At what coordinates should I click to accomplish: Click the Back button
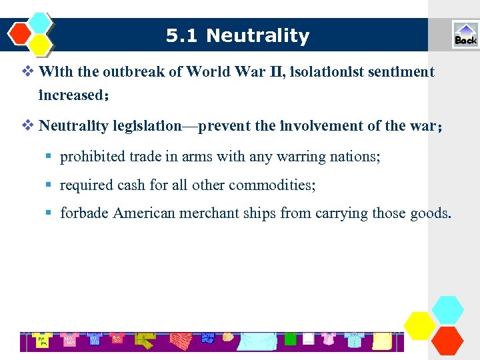coord(465,35)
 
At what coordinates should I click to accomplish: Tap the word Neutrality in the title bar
coord(258,36)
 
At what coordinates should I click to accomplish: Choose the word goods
coord(430,213)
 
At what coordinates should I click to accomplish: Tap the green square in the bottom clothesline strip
coord(290,339)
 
